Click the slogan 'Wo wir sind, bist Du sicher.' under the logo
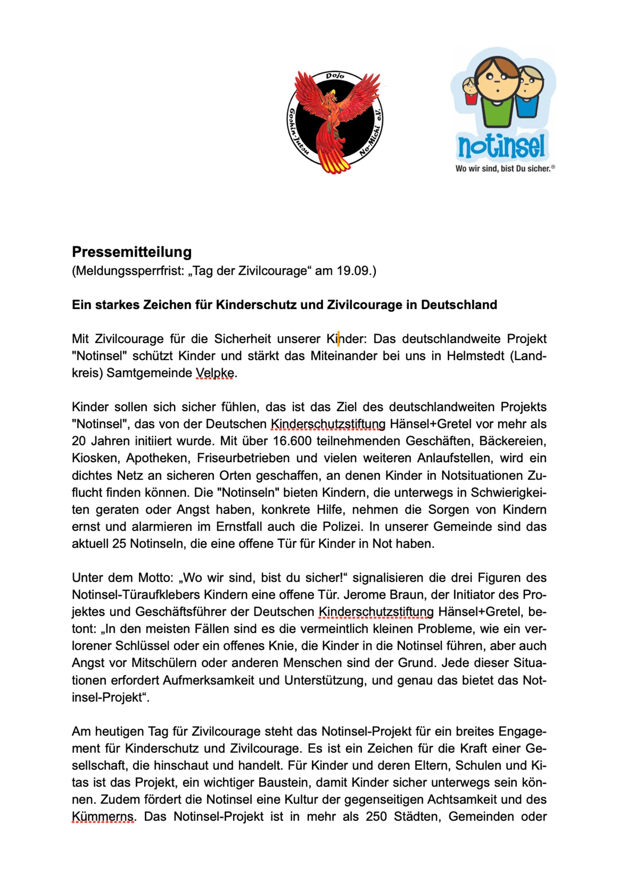[504, 169]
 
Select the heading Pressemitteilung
[132, 252]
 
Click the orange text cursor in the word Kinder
[338, 339]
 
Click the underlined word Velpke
[215, 373]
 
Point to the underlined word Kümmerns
[103, 816]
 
